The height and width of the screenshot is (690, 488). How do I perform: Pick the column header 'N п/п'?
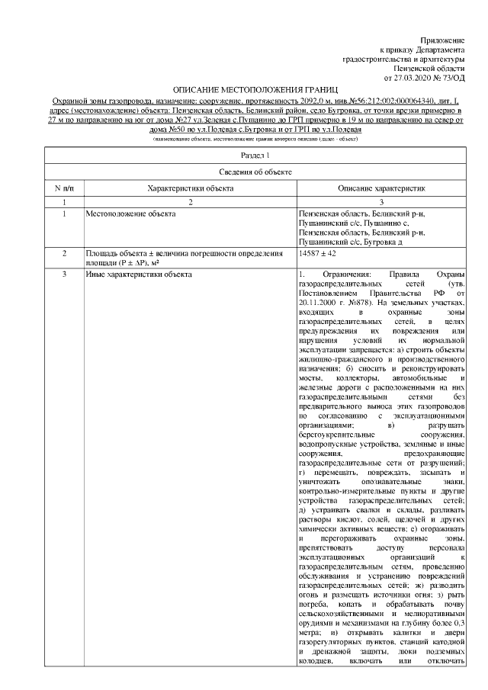point(63,188)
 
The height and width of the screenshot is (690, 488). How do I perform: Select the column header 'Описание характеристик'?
point(381,188)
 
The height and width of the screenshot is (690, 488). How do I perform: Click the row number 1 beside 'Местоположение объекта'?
point(63,214)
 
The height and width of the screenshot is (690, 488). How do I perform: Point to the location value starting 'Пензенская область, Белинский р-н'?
point(362,214)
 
